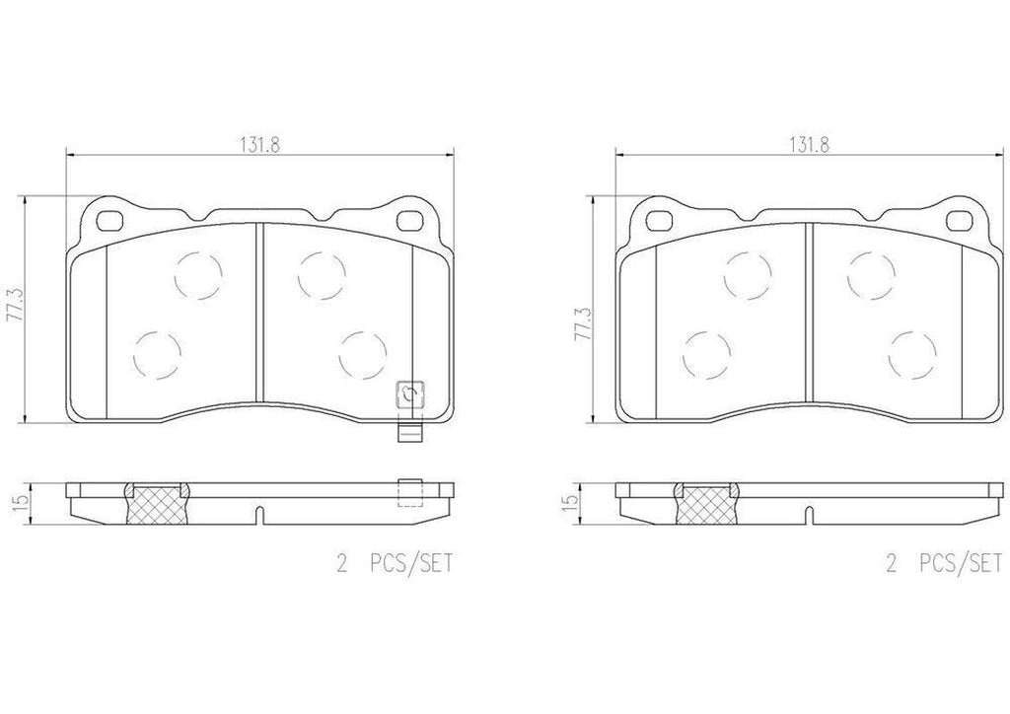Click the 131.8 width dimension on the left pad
pyautogui.click(x=261, y=142)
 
